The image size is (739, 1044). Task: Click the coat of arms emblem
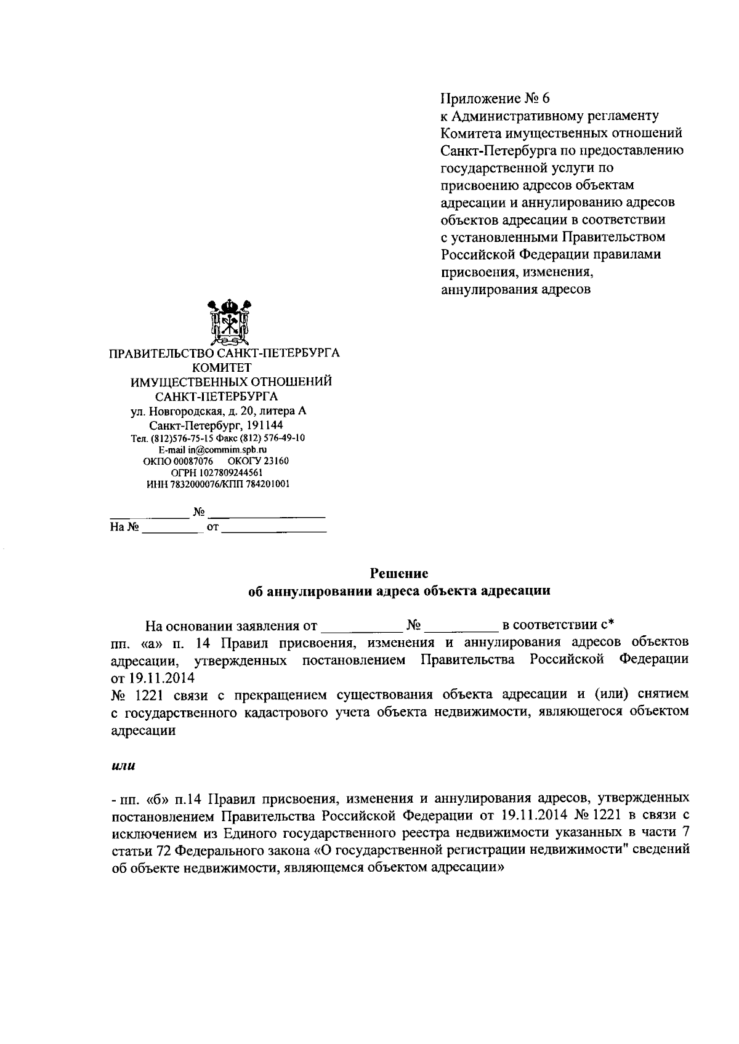[228, 323]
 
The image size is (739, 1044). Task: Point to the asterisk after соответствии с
[612, 624]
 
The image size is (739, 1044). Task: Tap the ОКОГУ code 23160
[275, 461]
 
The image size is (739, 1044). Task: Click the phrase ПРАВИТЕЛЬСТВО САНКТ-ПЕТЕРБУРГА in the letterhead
[224, 354]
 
